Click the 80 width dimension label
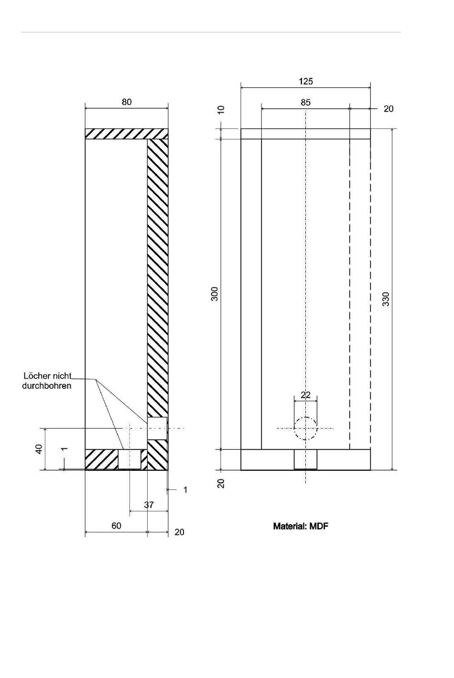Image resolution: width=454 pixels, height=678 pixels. point(127,102)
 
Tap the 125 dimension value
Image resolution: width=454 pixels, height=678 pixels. point(305,82)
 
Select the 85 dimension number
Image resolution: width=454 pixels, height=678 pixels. point(305,103)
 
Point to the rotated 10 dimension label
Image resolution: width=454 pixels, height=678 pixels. point(221,109)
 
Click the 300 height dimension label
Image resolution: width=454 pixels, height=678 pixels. point(215,294)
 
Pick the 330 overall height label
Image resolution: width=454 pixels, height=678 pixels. point(386,299)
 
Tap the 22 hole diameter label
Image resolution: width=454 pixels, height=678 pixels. point(305,395)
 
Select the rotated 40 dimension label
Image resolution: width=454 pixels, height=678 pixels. point(39,449)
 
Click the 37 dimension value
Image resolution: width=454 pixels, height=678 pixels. point(149,505)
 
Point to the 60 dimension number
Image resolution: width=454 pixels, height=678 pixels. point(116,525)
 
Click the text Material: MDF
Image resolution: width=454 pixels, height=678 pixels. point(301,526)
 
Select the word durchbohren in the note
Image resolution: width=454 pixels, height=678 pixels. point(47,386)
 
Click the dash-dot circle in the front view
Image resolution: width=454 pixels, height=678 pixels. point(305,417)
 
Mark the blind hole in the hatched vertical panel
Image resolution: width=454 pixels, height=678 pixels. point(157,428)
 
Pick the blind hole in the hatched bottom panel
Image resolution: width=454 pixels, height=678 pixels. point(130,459)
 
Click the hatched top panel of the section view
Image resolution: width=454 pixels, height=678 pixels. point(127,134)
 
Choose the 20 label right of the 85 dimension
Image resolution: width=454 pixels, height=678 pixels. point(389,109)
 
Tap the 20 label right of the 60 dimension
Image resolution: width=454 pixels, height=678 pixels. point(179,532)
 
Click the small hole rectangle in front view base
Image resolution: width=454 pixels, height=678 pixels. point(305,459)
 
